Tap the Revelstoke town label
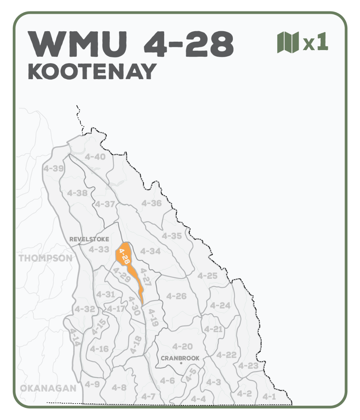click(x=89, y=239)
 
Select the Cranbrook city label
click(x=180, y=358)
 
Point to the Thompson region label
click(x=46, y=258)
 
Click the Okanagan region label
click(x=48, y=388)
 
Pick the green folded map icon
click(x=288, y=42)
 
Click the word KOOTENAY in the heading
click(x=92, y=72)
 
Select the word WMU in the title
click(x=78, y=44)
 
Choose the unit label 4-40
click(x=95, y=157)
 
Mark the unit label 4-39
click(x=54, y=168)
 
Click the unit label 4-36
click(x=151, y=203)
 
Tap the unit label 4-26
click(x=176, y=296)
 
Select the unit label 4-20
click(x=182, y=346)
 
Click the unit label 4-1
click(x=269, y=397)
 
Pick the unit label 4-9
click(x=92, y=384)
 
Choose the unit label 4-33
click(x=99, y=250)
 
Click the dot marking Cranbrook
click(x=181, y=364)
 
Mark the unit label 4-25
click(x=207, y=276)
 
